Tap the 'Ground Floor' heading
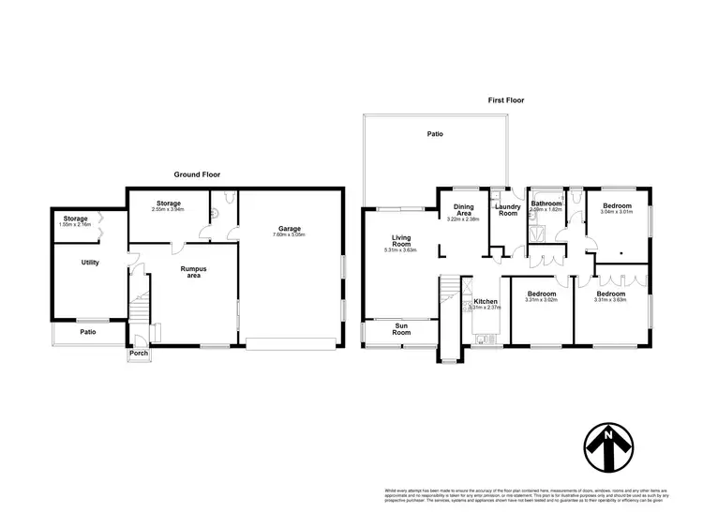coord(197,174)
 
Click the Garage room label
coord(290,228)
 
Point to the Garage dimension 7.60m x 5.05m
coord(290,234)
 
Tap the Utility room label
coord(90,263)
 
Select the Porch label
coord(138,354)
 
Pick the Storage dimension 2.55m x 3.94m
coord(169,209)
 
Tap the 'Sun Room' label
coord(401,330)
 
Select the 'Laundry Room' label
coord(507,210)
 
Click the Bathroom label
coord(546,204)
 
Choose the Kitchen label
coord(486,302)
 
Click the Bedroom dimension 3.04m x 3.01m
coord(617,212)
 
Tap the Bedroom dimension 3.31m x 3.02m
coord(541,300)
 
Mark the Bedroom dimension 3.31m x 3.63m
coord(615,300)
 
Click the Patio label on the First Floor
coord(435,134)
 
